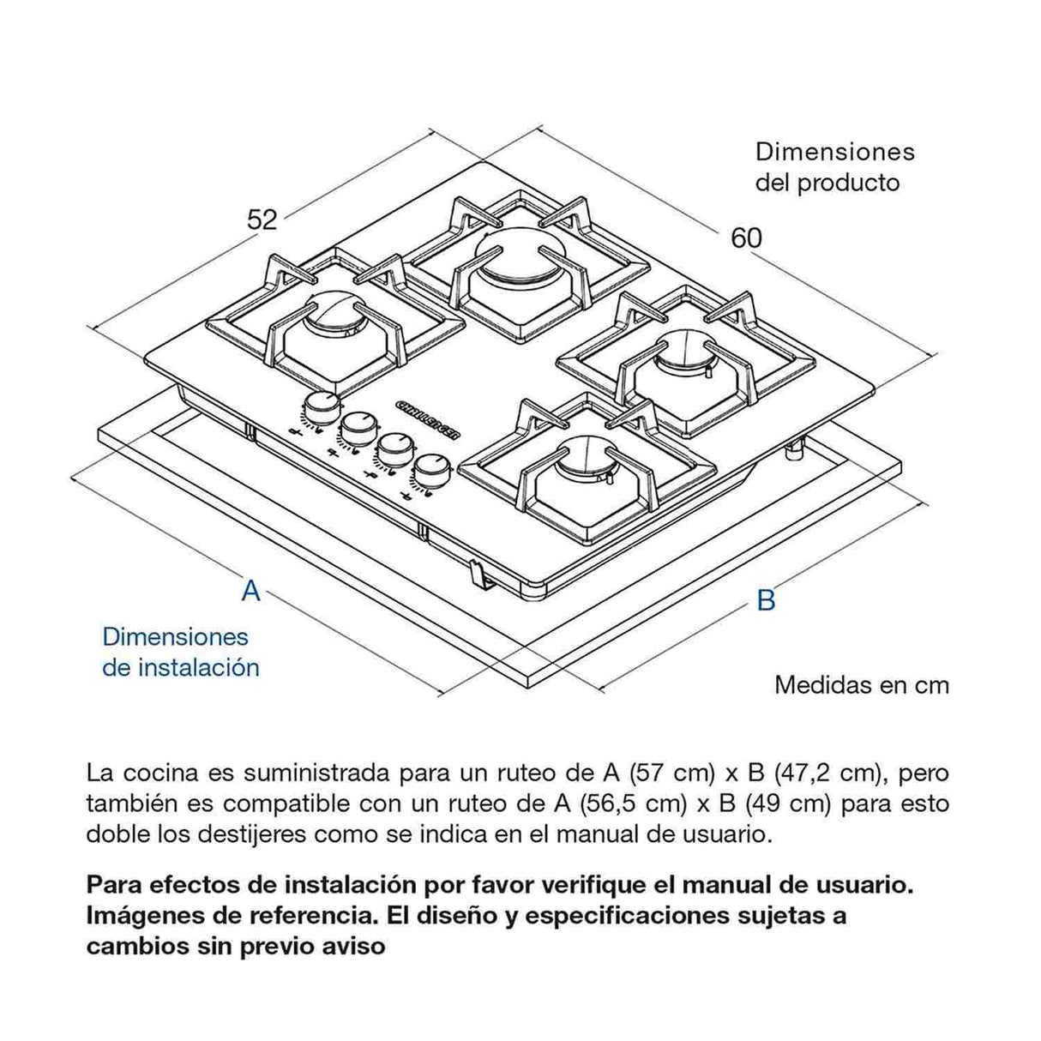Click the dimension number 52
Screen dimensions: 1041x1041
[262, 220]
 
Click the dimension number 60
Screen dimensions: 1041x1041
[746, 238]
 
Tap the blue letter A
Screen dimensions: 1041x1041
[250, 591]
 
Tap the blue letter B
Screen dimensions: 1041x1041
[766, 600]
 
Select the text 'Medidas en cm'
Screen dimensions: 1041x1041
[861, 685]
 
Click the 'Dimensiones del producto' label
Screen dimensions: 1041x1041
[833, 167]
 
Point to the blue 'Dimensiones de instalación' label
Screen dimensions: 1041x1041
[180, 652]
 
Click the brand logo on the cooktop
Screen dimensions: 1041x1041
[429, 418]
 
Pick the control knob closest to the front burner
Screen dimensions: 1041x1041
[430, 471]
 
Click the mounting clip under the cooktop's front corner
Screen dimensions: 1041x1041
[480, 573]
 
